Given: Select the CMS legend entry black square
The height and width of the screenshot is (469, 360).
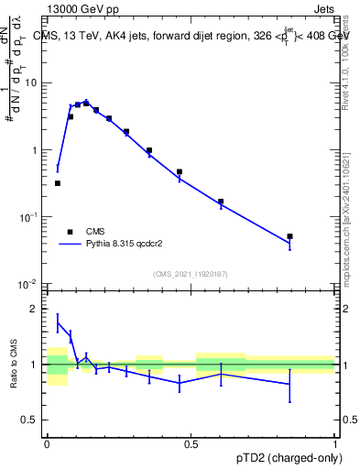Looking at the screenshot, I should point(69,232).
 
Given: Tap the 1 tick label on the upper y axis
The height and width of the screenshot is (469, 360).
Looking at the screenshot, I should point(35,149).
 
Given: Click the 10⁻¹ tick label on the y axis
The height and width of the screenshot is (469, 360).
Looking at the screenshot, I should point(29,216).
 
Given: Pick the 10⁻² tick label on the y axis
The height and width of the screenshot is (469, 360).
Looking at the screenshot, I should point(29,284).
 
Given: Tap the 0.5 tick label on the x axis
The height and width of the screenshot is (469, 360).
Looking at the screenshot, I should point(191,442).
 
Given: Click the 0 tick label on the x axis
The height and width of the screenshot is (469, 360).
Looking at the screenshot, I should point(47,442).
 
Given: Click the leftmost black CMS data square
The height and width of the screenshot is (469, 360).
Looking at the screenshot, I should point(58,183).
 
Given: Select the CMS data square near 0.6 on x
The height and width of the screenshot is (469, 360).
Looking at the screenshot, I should point(221,202).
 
